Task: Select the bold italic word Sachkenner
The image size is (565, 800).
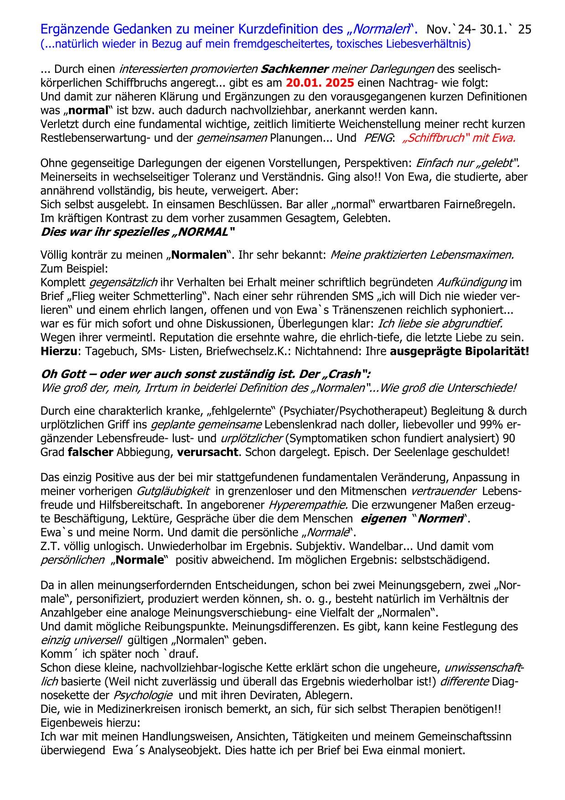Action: pyautogui.click(x=295, y=70)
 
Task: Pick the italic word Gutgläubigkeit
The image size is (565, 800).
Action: pyautogui.click(x=173, y=492)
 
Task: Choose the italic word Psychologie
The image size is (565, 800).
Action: pyautogui.click(x=143, y=696)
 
